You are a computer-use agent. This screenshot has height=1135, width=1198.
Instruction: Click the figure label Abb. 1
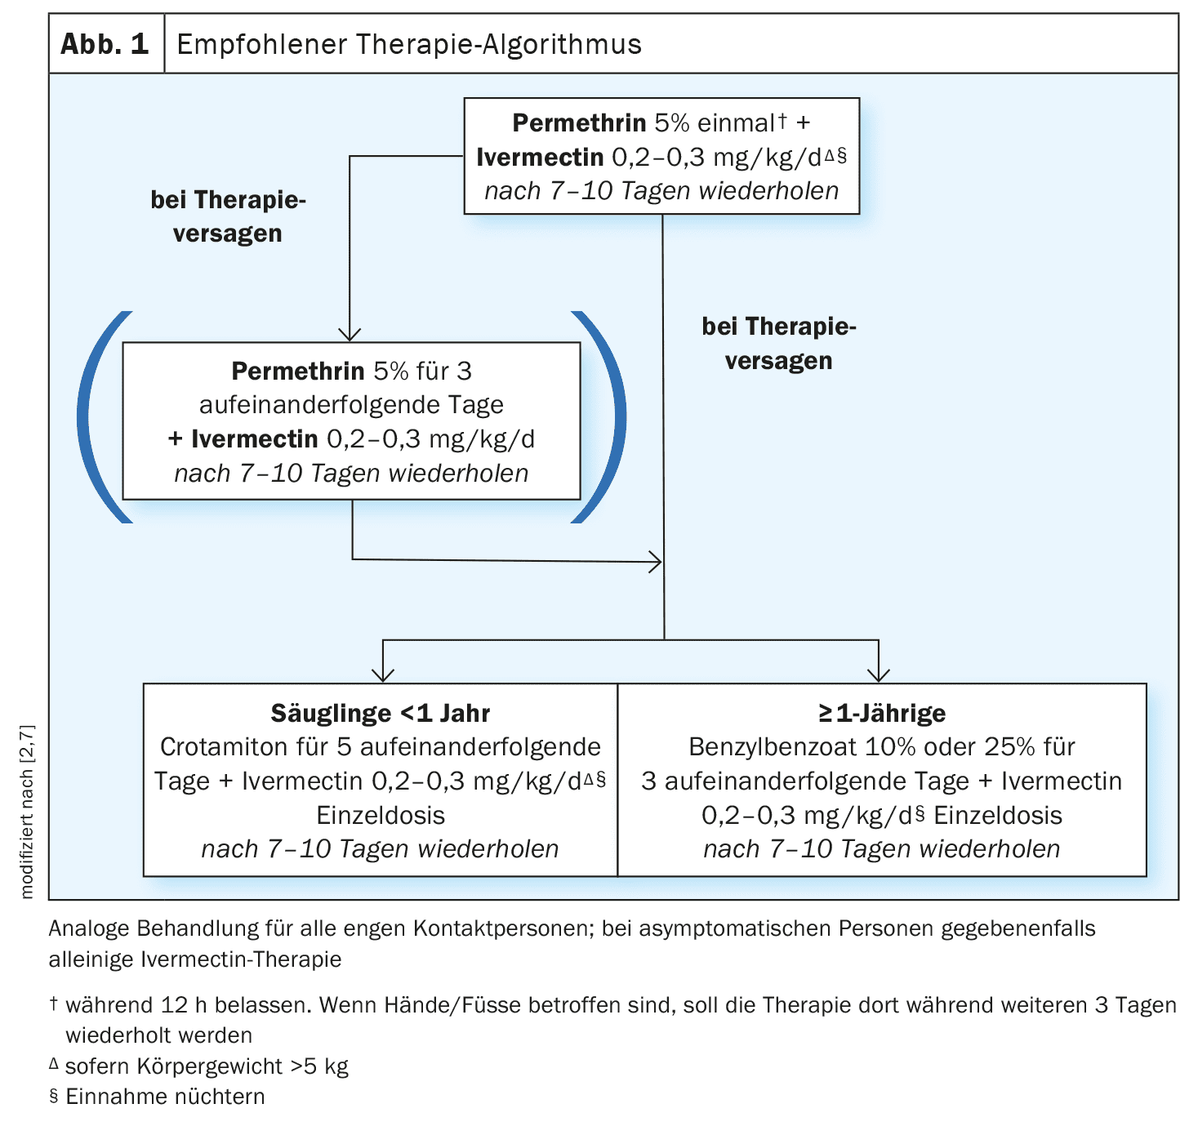(105, 44)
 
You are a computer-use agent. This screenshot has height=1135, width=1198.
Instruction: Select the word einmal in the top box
(736, 123)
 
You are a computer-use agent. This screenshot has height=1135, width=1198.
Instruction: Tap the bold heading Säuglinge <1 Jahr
(381, 714)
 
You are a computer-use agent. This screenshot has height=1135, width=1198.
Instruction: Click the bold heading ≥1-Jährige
(882, 714)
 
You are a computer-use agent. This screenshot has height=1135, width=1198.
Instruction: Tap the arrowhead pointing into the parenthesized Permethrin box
(350, 335)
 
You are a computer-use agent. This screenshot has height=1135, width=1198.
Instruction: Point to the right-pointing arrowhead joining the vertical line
(655, 562)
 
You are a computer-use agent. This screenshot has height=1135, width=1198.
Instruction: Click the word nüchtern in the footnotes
(219, 1097)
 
